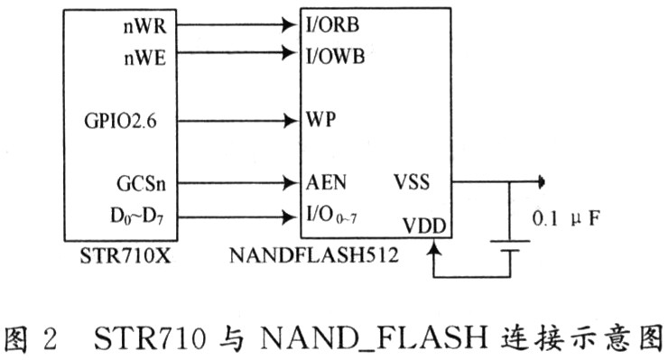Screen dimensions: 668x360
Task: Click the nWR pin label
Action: (144, 26)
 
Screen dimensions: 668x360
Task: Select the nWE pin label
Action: (144, 58)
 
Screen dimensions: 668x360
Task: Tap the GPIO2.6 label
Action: (121, 121)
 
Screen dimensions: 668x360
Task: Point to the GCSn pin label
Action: (142, 184)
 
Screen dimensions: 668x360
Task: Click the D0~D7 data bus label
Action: (136, 217)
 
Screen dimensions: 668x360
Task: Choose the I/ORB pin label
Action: (333, 24)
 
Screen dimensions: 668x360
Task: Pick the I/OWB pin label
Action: (335, 56)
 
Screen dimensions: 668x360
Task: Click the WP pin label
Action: (320, 119)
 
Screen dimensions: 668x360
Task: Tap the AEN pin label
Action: (326, 182)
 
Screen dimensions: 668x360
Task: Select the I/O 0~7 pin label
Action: (331, 215)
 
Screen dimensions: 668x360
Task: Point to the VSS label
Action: (412, 182)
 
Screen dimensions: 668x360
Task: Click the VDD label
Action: (424, 226)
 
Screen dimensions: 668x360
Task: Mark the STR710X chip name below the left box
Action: (125, 256)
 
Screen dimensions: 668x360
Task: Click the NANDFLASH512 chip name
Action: (314, 255)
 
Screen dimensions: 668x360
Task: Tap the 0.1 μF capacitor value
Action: (566, 219)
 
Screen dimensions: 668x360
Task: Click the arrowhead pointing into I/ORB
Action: (290, 25)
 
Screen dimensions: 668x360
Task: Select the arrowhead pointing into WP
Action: (290, 121)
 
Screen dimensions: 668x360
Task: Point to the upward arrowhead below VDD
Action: (433, 248)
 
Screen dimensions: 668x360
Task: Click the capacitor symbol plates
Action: (510, 246)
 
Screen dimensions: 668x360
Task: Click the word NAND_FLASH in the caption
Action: (374, 338)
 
